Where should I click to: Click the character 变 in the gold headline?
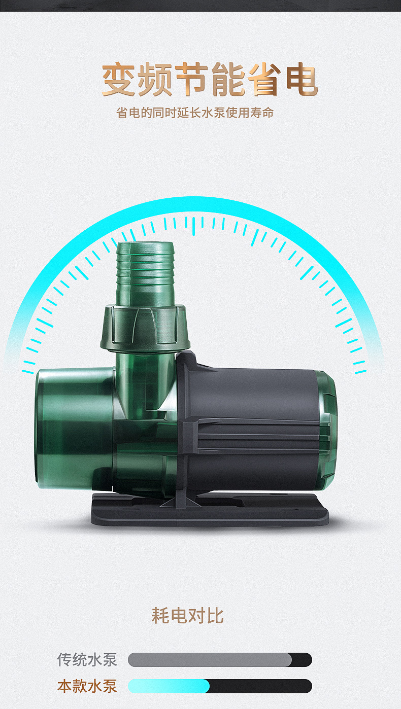coord(118,79)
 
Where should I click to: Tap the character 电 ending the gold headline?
coord(302,79)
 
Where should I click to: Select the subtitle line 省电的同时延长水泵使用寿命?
coord(195,113)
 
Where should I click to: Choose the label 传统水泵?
coord(87,660)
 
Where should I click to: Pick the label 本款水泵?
coord(87,686)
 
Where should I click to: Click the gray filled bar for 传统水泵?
coord(210,660)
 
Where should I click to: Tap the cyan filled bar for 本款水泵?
coord(169,686)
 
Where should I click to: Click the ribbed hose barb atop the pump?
coord(145,274)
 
